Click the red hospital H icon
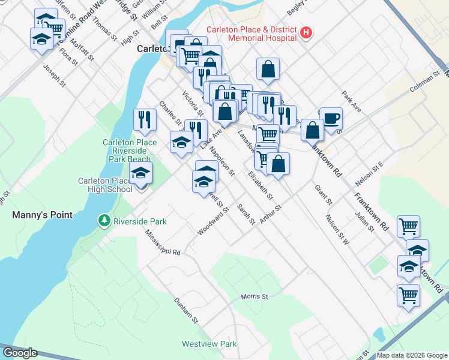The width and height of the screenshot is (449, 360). (x=306, y=33)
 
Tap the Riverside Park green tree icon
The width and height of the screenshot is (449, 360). (x=105, y=221)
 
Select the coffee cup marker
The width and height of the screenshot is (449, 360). (x=331, y=118)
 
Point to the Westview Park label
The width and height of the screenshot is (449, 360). (x=209, y=344)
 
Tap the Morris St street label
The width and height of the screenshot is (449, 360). (x=254, y=296)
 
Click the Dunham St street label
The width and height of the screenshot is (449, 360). (x=186, y=310)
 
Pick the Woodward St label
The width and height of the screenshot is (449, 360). (x=214, y=221)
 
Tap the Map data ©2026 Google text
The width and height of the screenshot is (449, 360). (x=411, y=355)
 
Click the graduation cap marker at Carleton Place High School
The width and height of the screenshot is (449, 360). (x=140, y=173)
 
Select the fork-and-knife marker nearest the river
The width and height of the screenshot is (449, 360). (x=143, y=119)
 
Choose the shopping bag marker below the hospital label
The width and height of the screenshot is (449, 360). (x=268, y=69)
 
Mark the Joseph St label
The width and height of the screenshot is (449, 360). (x=53, y=76)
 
